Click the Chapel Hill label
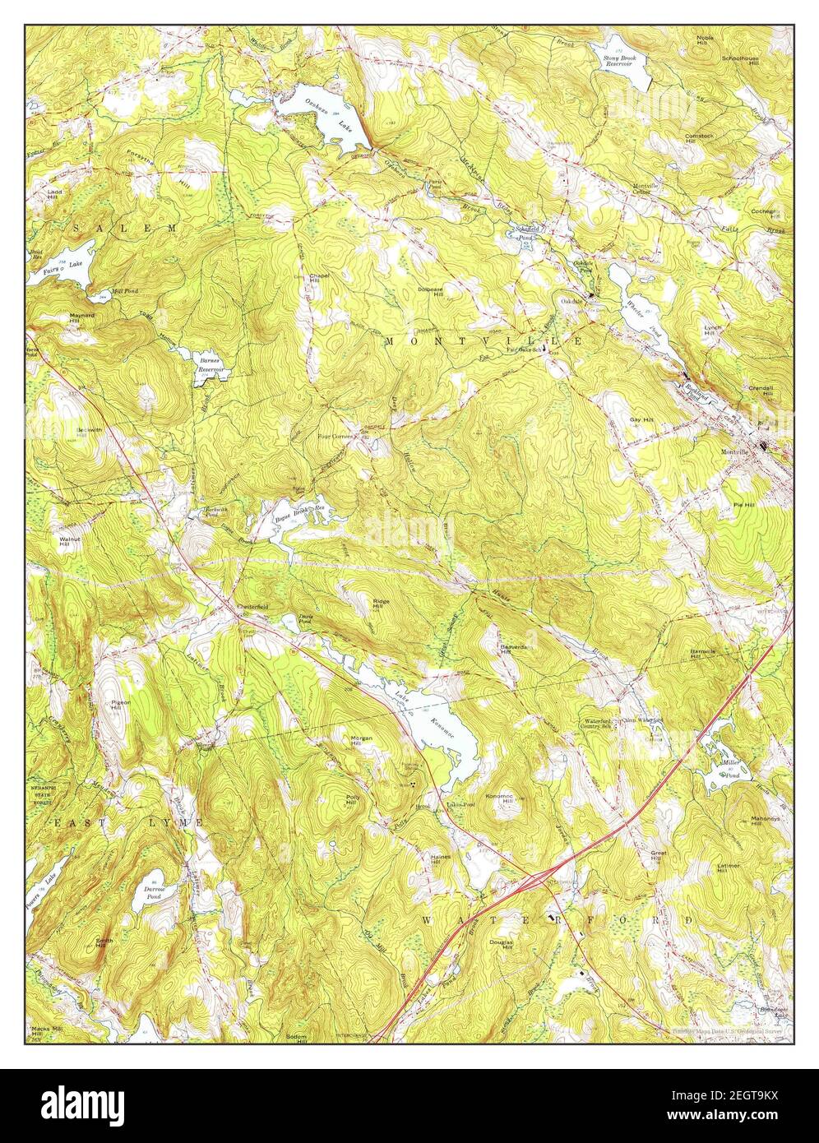click(319, 279)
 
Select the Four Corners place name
click(335, 437)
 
